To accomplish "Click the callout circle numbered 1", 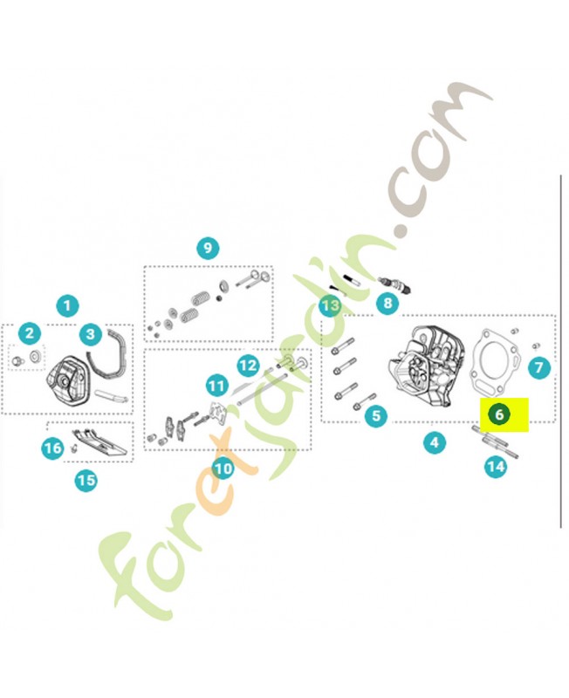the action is (x=67, y=306).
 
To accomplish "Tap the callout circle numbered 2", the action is (x=30, y=333).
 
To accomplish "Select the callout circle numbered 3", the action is (x=91, y=334).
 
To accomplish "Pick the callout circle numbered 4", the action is (x=434, y=442).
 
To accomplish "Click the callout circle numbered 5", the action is (x=376, y=416).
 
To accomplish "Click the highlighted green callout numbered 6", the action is (x=499, y=414).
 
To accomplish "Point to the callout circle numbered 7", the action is (x=539, y=367).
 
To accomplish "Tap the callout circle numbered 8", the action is (x=387, y=303).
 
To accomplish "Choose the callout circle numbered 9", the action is (x=208, y=248).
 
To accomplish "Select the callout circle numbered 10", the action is (x=223, y=468).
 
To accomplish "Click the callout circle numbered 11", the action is (x=216, y=386).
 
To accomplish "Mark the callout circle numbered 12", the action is (x=248, y=366).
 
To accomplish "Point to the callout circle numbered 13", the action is (x=331, y=305).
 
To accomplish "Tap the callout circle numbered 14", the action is (x=496, y=467).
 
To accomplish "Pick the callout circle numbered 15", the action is (x=86, y=481).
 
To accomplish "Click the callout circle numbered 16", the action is (x=53, y=448).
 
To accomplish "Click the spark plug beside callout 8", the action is (x=394, y=285).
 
